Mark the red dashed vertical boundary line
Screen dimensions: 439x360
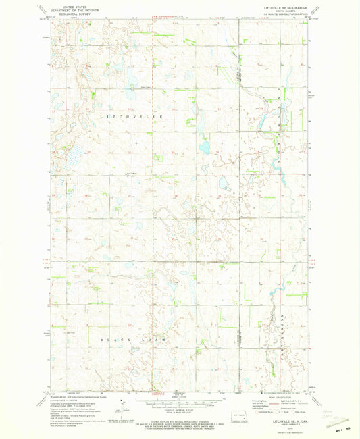(153, 203)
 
